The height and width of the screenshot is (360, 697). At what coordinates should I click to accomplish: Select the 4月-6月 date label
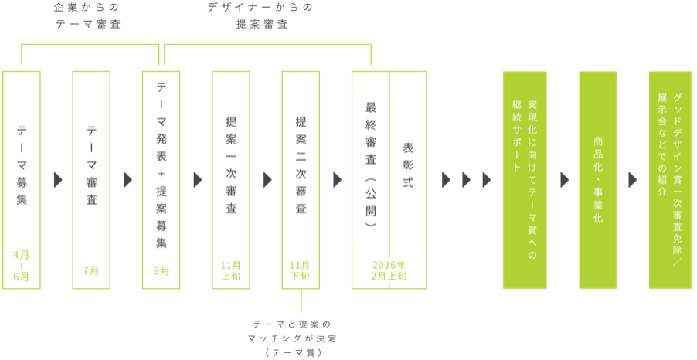point(22,266)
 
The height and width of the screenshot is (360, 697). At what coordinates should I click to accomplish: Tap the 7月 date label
point(91,270)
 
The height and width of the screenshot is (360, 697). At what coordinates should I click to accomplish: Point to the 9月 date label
point(161,270)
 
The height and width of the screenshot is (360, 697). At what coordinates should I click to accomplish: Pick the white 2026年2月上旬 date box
point(389,271)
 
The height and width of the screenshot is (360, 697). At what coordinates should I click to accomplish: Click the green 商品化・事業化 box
point(598,180)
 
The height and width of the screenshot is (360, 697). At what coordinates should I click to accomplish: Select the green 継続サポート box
point(525,180)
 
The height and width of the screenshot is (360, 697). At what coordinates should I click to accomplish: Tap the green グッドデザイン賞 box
point(670,180)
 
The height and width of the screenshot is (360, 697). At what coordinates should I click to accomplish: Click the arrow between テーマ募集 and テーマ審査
point(57,180)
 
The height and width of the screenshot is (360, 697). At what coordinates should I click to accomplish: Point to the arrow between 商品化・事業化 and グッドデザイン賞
point(633,180)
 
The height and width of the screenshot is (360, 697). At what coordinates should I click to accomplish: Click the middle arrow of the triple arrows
point(467,180)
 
